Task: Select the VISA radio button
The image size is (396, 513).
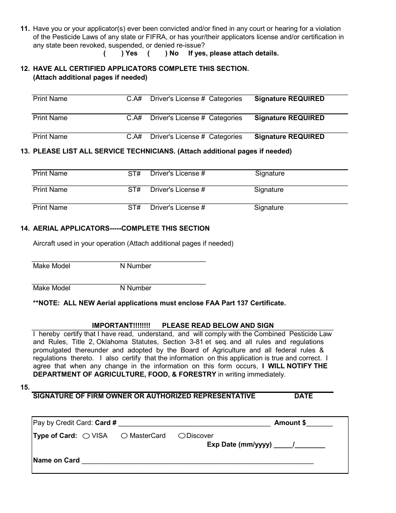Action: point(86,436)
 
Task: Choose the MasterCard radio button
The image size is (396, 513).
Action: point(124,436)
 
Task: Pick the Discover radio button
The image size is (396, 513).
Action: point(182,436)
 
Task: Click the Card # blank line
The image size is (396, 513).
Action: point(194,423)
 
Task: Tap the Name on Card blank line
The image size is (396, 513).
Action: point(197,461)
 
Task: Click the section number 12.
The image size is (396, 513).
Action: point(25,69)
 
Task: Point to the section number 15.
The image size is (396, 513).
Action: point(25,387)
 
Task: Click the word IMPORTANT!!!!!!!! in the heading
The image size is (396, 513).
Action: point(121,325)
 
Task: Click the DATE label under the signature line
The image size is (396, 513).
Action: point(303,396)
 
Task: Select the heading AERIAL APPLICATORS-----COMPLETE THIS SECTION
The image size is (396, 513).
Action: point(121,229)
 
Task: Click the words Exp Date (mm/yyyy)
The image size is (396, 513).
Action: point(239,445)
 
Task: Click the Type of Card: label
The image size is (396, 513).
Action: point(55,436)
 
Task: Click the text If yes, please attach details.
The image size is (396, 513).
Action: point(233,53)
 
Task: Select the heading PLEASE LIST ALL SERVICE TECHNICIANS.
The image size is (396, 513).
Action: point(104,151)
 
